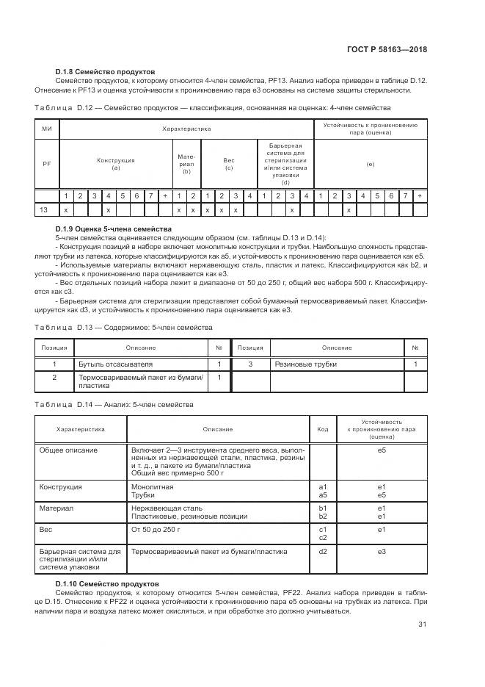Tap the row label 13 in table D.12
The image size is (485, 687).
(45, 209)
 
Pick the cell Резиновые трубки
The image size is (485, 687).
(300, 364)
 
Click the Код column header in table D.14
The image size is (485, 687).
(322, 429)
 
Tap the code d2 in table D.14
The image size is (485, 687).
(322, 551)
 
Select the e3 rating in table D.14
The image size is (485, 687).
(381, 551)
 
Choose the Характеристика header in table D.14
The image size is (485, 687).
(80, 429)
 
